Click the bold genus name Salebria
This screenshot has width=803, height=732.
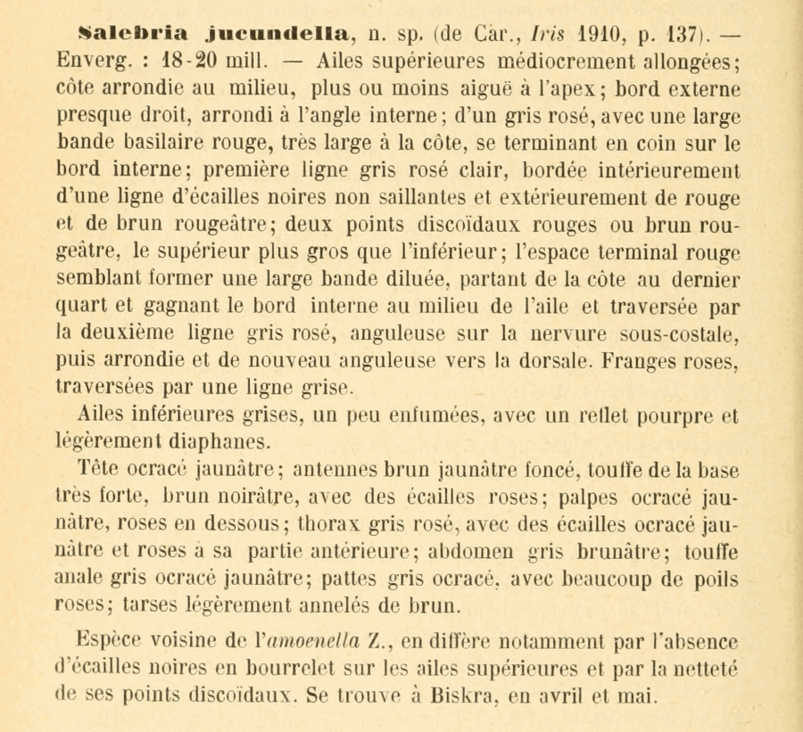133,35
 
